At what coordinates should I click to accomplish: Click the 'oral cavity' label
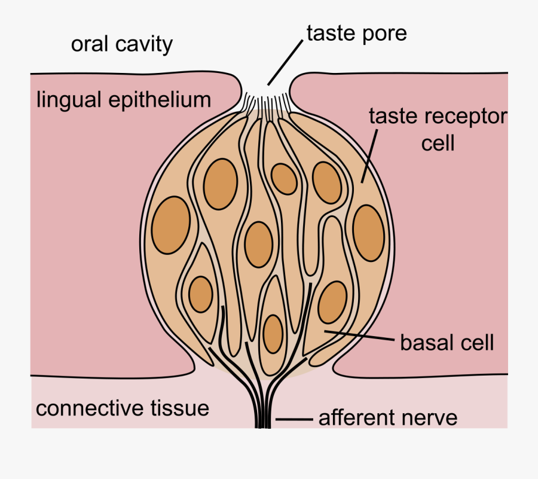point(121,44)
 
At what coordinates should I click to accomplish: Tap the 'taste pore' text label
point(356,33)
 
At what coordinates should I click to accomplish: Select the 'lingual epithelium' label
point(124,99)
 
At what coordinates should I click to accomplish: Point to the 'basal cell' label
point(447,343)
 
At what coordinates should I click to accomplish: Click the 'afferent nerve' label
point(388,417)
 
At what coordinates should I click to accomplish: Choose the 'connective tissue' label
point(123,408)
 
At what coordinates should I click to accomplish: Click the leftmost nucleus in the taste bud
point(171,226)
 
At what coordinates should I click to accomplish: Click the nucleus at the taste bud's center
point(259,244)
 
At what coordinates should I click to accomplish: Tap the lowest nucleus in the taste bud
point(273,333)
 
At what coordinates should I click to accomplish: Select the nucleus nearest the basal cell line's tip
point(332,302)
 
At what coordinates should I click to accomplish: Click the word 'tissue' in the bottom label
point(181,408)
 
